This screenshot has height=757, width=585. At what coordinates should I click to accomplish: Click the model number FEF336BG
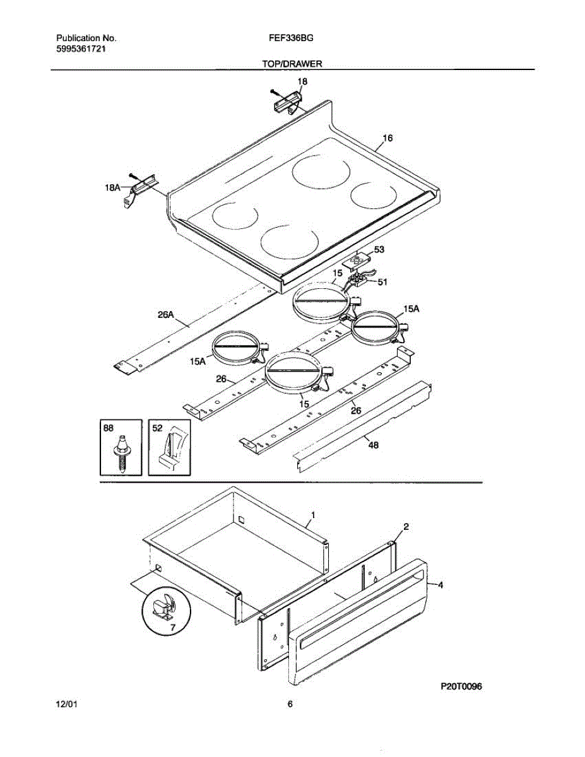[x=291, y=38]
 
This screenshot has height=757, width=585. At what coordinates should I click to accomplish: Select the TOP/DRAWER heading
[x=292, y=64]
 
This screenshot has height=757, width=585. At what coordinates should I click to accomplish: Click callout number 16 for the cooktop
[x=387, y=138]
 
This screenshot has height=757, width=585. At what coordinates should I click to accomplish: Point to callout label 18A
[x=113, y=187]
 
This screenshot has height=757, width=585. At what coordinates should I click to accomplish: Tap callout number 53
[x=379, y=250]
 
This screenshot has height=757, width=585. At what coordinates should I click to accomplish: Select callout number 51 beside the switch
[x=382, y=283]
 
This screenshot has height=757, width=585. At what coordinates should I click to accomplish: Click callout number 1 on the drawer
[x=313, y=515]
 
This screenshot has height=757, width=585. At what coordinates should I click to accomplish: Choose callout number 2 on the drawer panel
[x=406, y=526]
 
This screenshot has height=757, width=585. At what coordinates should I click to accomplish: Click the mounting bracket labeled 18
[x=288, y=100]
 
